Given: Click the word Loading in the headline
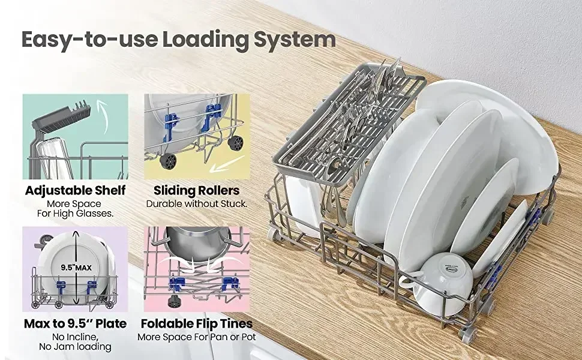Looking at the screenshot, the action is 205,40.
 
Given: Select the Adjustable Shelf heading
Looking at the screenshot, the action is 76,190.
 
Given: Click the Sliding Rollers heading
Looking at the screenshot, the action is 196,190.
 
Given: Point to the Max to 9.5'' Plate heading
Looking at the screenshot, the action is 76,323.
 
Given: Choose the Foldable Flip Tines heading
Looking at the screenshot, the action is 197,323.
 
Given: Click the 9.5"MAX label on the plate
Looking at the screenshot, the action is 76,268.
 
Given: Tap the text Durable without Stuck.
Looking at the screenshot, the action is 196,204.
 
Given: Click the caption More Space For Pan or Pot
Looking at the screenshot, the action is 197,337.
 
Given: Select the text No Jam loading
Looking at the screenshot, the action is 76,347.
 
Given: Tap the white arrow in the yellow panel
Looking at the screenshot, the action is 226,165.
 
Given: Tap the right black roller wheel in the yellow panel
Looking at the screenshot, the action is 235,143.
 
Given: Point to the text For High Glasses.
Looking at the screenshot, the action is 76,214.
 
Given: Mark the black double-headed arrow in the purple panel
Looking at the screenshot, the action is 76,268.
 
